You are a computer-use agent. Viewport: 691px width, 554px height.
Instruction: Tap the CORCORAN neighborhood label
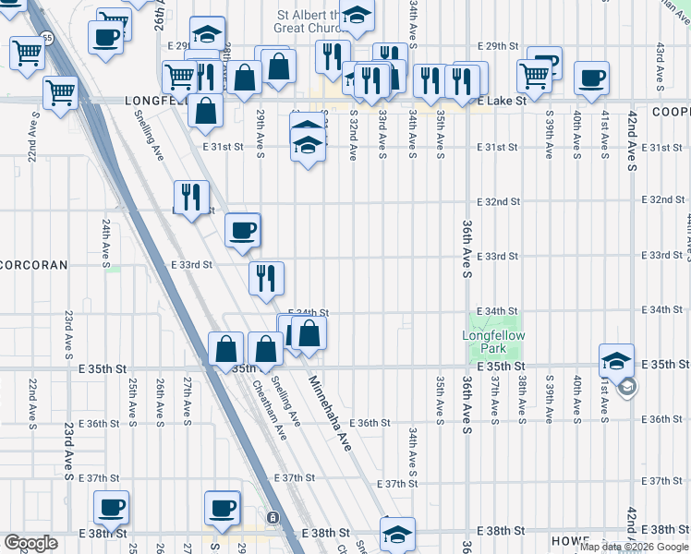click(34, 265)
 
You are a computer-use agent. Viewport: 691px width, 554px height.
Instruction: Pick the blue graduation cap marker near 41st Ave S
click(616, 361)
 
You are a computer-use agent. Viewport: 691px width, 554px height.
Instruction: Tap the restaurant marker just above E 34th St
click(266, 277)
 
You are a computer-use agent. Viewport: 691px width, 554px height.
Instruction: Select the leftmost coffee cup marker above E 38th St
click(111, 507)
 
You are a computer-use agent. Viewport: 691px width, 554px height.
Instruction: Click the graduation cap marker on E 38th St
click(397, 533)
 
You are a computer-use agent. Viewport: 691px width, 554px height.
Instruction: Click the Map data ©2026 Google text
click(634, 548)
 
